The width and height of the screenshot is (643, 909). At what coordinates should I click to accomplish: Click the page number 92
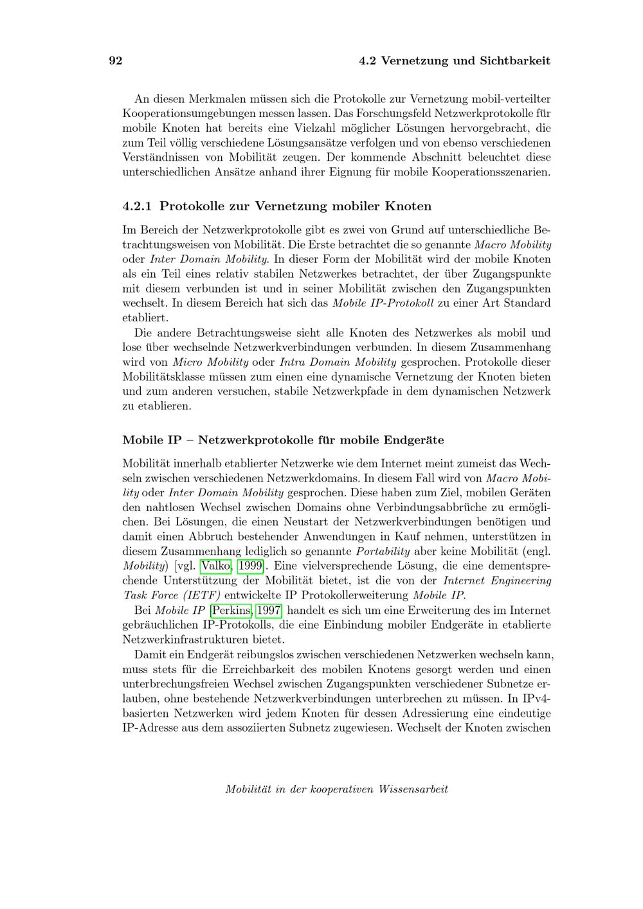pos(116,61)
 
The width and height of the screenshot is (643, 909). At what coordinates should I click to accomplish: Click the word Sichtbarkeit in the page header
pos(514,61)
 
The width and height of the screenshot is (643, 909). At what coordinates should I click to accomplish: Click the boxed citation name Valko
pos(216,566)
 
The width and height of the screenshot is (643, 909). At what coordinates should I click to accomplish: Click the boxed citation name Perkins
pos(231,610)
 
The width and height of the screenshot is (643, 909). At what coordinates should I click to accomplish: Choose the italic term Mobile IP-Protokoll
pos(383,303)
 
